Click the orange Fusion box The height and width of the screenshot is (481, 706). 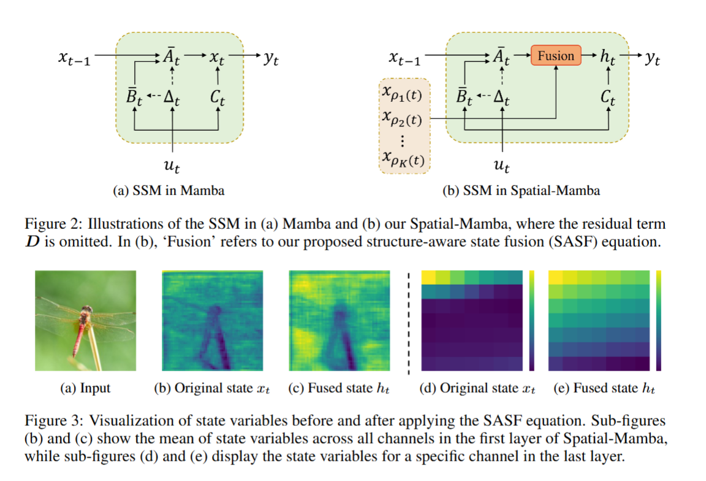[x=556, y=56]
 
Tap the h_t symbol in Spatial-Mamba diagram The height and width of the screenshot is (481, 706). [x=607, y=58]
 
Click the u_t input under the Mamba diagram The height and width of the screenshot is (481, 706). [x=173, y=165]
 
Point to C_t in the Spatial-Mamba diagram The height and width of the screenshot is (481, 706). [x=607, y=97]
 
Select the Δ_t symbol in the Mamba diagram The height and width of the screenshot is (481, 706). [x=173, y=97]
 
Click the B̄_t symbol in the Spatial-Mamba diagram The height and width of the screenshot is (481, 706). [x=464, y=97]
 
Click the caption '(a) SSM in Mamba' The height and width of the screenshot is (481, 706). [x=169, y=191]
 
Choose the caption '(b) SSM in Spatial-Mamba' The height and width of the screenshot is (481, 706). [x=521, y=191]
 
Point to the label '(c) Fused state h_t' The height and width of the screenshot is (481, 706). [x=339, y=388]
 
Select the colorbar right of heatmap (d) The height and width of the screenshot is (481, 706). [x=531, y=320]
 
